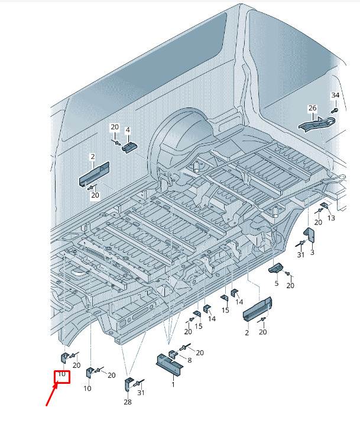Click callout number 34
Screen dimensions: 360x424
335,95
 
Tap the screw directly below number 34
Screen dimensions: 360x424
335,110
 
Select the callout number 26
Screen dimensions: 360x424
312,108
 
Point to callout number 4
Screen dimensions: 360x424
128,130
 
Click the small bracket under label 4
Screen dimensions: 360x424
130,148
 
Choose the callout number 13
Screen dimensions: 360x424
331,218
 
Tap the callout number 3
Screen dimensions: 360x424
312,252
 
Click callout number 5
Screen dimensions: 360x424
277,283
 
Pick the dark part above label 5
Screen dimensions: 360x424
275,268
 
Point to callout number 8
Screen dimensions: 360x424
190,360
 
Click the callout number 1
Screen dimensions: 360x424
173,384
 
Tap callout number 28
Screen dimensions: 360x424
128,402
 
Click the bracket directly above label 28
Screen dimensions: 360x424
129,384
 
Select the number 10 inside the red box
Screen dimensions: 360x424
61,374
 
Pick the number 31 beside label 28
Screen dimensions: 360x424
141,392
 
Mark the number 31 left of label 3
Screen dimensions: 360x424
301,255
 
